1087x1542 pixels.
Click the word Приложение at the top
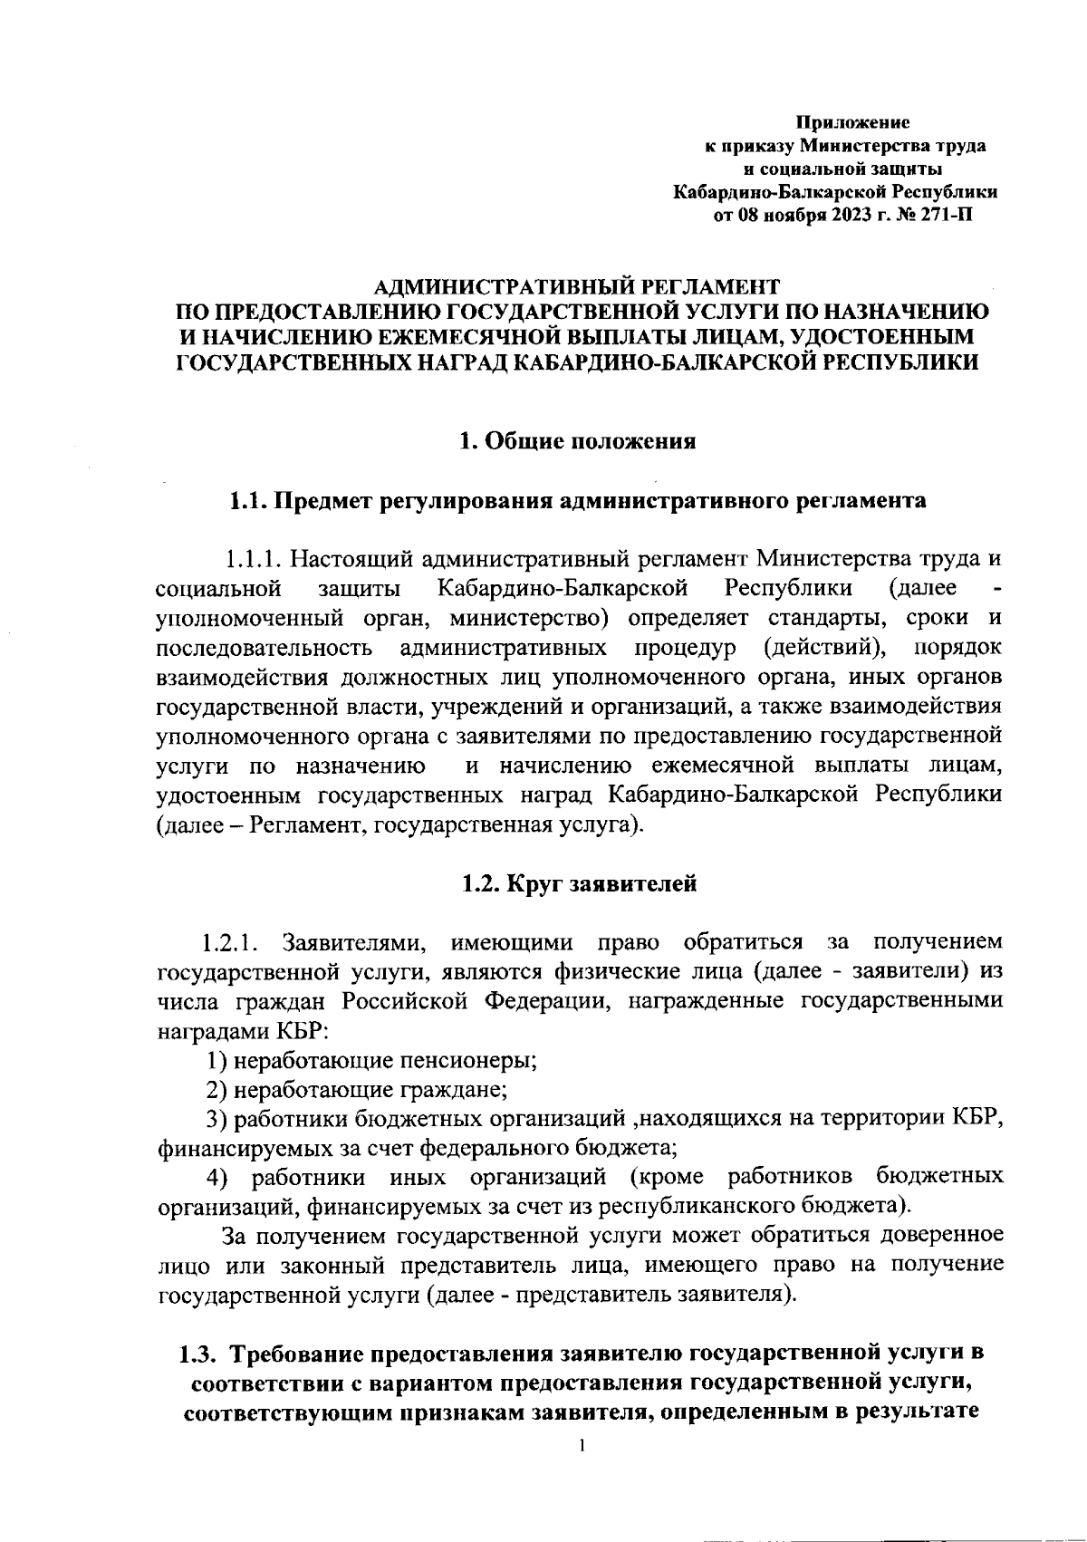point(852,121)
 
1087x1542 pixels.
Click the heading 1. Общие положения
point(577,441)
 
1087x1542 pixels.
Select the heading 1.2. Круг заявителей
point(579,883)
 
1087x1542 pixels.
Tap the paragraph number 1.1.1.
point(255,556)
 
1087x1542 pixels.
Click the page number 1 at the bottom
point(582,1444)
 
